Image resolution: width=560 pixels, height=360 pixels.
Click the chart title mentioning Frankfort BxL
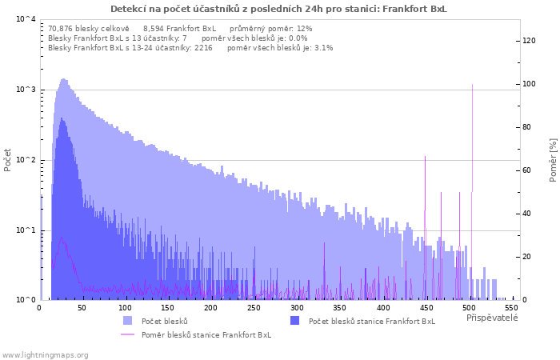click(x=278, y=9)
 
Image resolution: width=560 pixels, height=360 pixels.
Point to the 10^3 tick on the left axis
click(x=26, y=90)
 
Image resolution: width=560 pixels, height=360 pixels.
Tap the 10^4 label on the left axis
click(x=26, y=18)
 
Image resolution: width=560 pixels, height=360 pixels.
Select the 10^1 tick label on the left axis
click(x=26, y=230)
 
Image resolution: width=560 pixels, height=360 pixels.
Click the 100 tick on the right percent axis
click(x=530, y=84)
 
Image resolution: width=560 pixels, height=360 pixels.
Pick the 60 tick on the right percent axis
click(x=527, y=170)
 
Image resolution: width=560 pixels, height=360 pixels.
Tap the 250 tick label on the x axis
click(x=254, y=308)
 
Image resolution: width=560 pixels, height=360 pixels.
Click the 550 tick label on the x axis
click(x=512, y=308)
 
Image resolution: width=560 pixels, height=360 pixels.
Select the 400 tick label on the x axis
click(x=383, y=308)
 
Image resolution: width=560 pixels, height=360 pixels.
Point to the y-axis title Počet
click(x=7, y=160)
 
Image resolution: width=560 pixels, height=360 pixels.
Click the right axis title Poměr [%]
click(x=553, y=160)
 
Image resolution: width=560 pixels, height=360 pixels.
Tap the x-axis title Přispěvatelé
click(x=492, y=318)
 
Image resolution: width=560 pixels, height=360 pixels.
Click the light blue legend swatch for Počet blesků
click(x=127, y=321)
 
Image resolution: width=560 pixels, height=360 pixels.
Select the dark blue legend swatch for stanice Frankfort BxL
click(x=294, y=321)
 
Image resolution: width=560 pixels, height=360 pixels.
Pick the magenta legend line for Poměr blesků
click(x=127, y=334)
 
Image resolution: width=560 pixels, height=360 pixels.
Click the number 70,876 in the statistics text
click(x=60, y=29)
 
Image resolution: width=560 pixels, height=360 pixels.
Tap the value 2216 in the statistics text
click(x=203, y=48)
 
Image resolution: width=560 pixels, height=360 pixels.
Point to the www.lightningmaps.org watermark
click(x=45, y=355)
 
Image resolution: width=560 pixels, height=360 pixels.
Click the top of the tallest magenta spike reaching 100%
click(x=473, y=85)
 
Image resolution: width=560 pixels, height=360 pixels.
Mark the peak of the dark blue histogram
click(x=62, y=118)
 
